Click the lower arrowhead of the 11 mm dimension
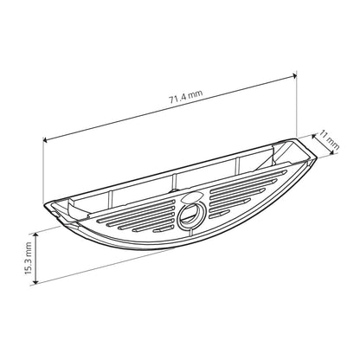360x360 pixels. click(333, 154)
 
